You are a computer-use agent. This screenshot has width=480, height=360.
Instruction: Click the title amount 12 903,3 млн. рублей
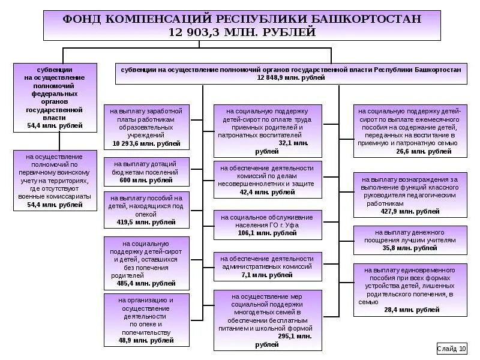[243, 32]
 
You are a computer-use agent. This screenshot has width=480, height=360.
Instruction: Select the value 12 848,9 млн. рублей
[290, 78]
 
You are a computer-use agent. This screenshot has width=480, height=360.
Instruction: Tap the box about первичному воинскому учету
[55, 181]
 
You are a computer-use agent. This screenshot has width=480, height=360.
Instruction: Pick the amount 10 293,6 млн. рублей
[146, 144]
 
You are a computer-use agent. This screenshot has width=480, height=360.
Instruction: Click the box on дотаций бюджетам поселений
[146, 172]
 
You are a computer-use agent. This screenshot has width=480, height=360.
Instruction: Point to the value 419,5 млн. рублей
[146, 222]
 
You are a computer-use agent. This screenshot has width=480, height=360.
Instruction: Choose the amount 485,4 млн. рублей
[146, 283]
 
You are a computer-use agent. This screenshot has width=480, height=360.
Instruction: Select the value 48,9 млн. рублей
[146, 340]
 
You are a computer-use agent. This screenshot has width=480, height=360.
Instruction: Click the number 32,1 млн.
[294, 143]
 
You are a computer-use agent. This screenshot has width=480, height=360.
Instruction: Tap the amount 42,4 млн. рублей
[267, 192]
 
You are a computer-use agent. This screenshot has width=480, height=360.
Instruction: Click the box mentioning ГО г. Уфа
[267, 224]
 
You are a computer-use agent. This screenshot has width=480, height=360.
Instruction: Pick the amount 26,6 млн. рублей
[424, 151]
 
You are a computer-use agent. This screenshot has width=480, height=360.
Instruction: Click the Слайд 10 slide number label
[451, 348]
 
